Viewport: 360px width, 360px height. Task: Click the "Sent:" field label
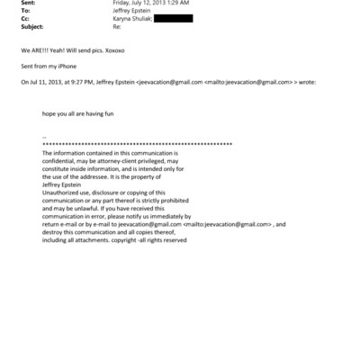(28, 4)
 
